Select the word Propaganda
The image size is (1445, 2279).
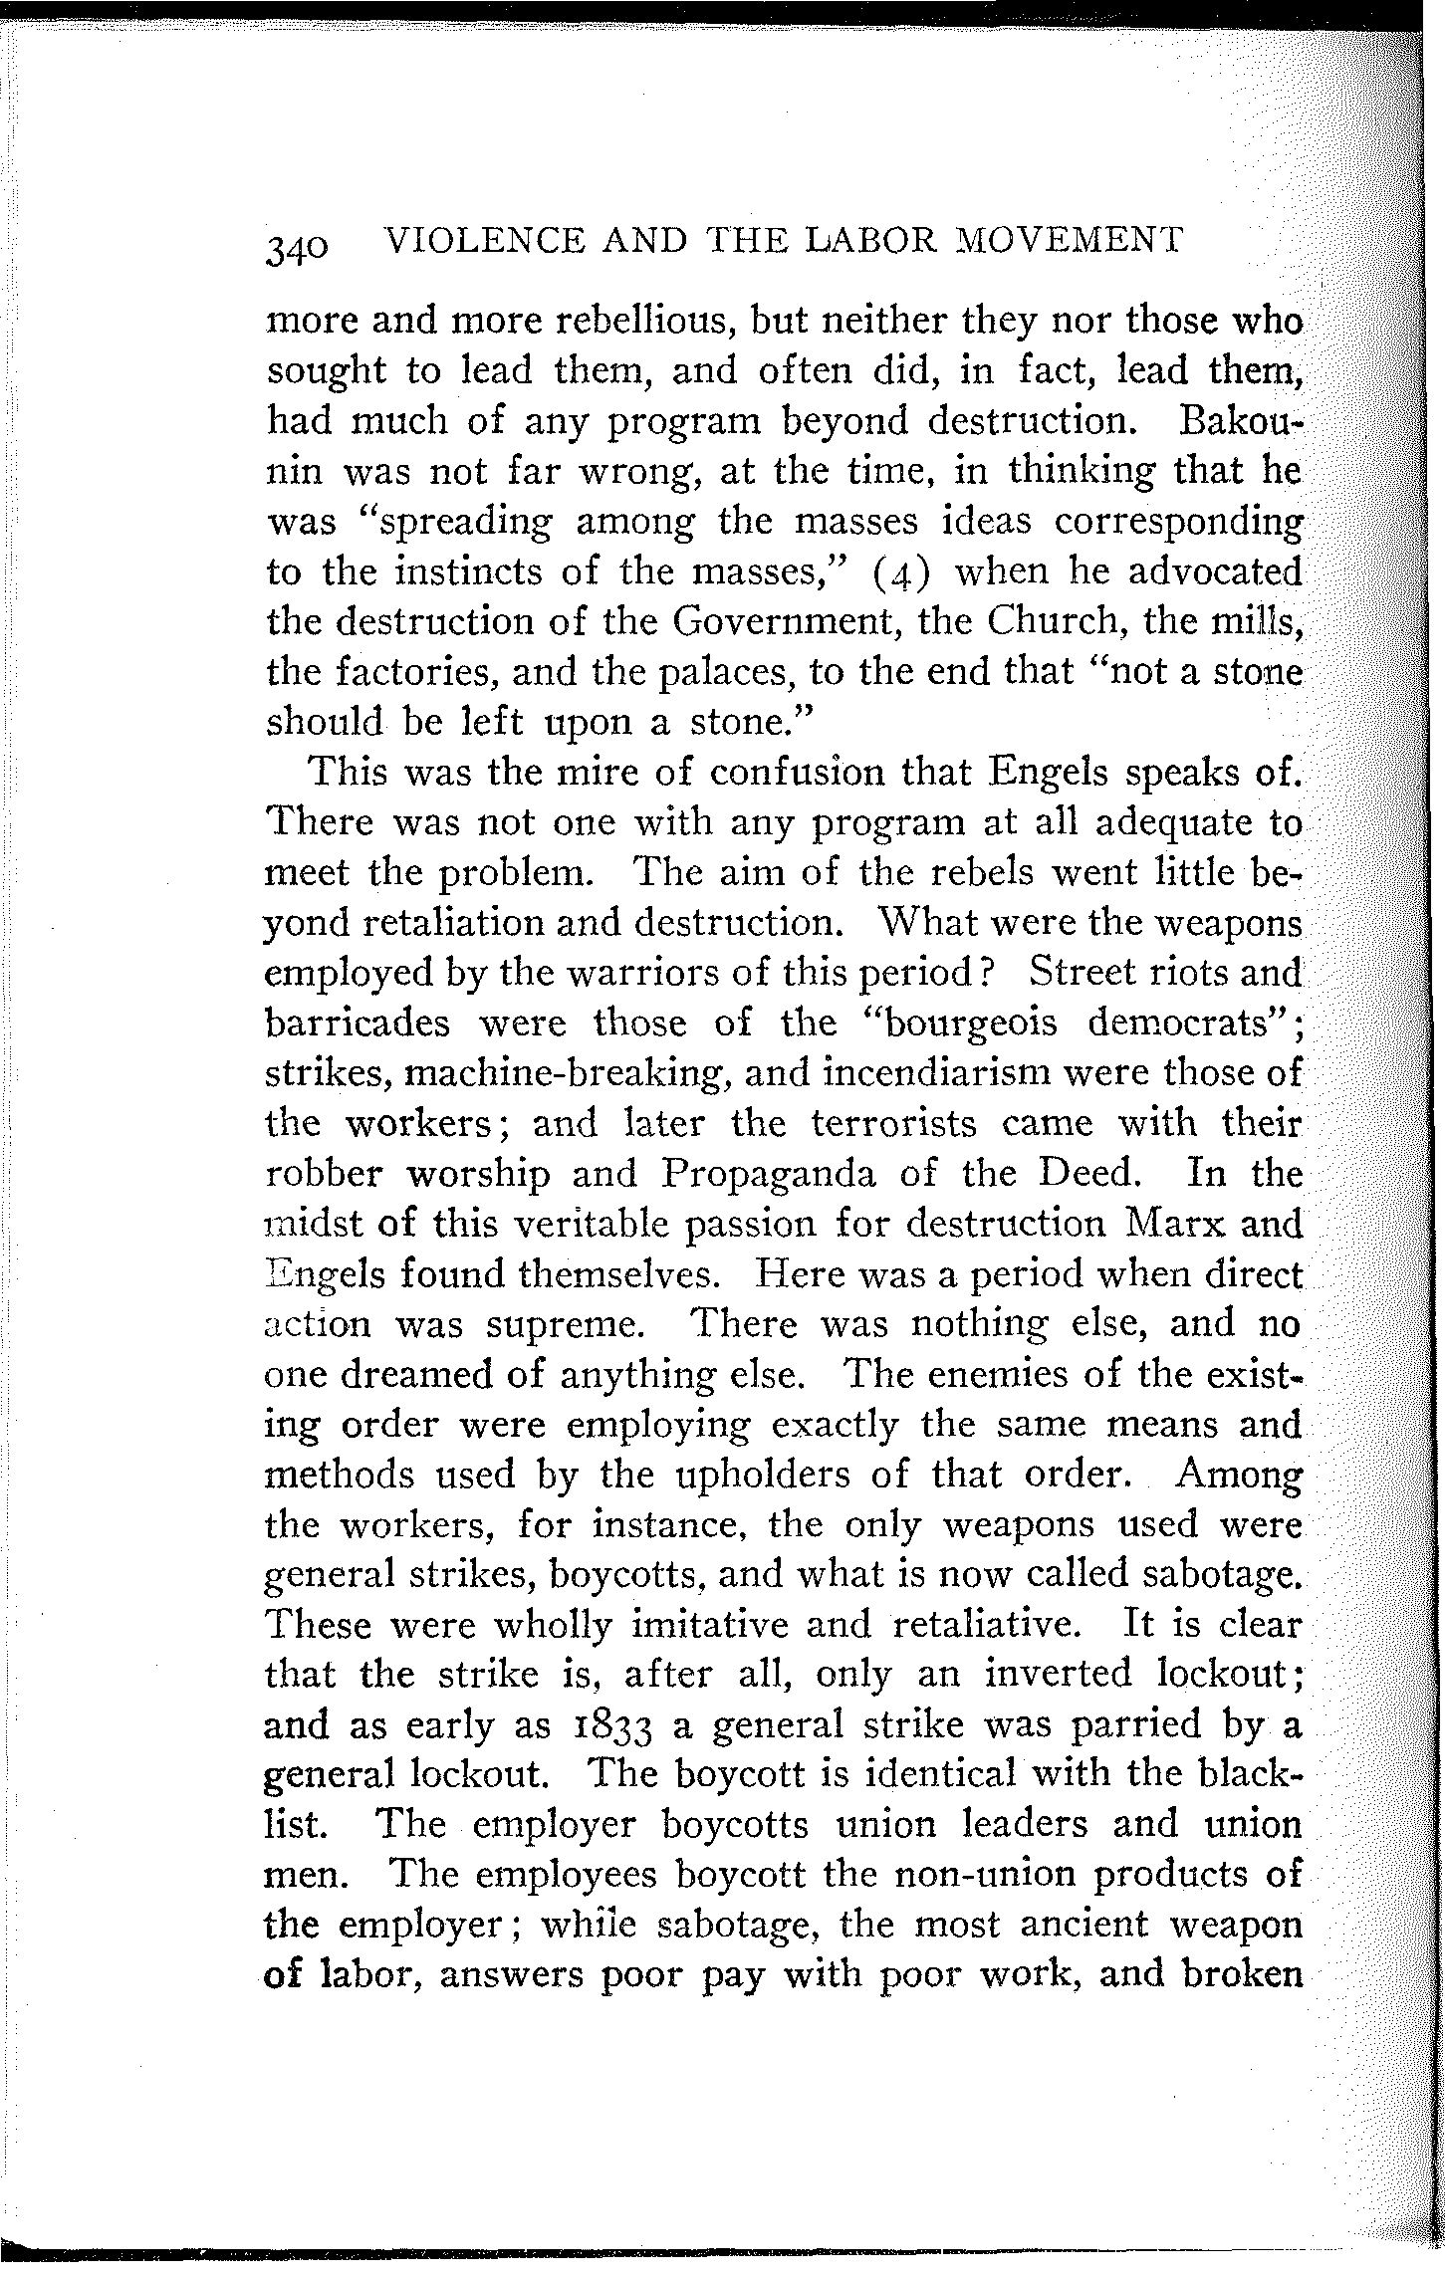pyautogui.click(x=768, y=1174)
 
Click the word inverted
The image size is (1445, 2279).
pyautogui.click(x=1057, y=1675)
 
